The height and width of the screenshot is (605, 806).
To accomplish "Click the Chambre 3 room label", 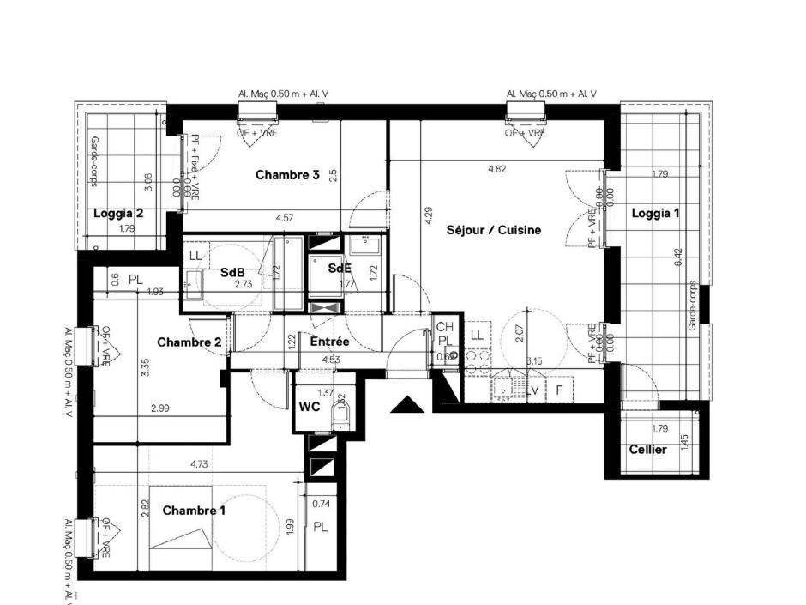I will click(287, 175).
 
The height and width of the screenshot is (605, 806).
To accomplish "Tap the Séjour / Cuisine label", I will click(493, 230).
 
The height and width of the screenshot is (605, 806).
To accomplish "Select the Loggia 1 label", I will click(655, 214).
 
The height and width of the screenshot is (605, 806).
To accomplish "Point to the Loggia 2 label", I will click(118, 213).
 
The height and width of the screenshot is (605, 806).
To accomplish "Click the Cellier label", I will click(647, 449).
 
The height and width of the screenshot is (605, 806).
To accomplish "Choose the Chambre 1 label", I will click(195, 511).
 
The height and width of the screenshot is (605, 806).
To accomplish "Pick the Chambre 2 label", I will click(189, 342).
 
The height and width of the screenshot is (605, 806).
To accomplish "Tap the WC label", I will click(310, 406).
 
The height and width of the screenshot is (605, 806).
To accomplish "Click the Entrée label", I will click(329, 342).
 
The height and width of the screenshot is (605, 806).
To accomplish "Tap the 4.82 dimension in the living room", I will click(496, 169).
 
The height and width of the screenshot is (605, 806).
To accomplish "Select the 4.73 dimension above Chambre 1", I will click(199, 464).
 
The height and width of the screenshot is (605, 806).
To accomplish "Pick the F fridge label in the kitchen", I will click(559, 390).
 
